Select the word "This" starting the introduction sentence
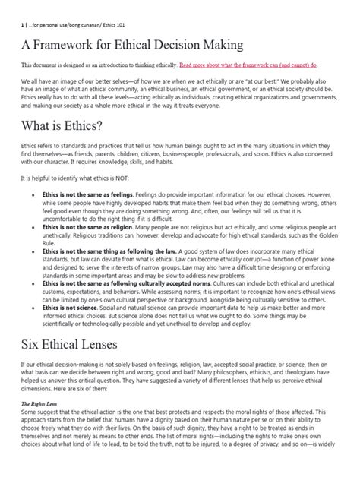pos(28,66)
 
